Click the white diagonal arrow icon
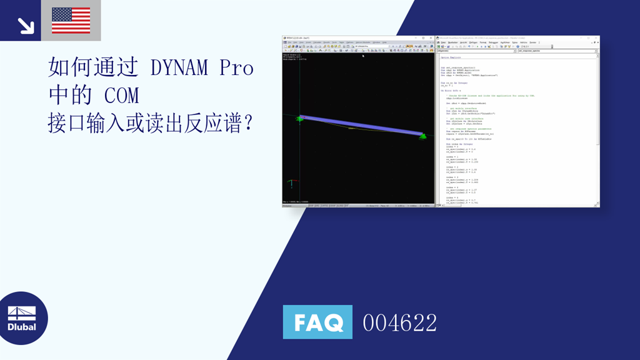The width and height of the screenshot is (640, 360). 25,25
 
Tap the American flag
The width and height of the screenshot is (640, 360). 71,21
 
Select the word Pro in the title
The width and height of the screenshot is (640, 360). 236,67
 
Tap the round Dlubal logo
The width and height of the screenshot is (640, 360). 22,318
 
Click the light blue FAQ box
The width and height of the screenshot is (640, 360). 317,322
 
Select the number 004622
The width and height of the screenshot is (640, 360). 400,322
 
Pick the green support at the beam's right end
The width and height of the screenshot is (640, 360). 422,136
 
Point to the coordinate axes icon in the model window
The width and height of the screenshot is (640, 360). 290,184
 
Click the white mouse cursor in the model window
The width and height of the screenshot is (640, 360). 363,56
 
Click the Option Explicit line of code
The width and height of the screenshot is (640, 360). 450,57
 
